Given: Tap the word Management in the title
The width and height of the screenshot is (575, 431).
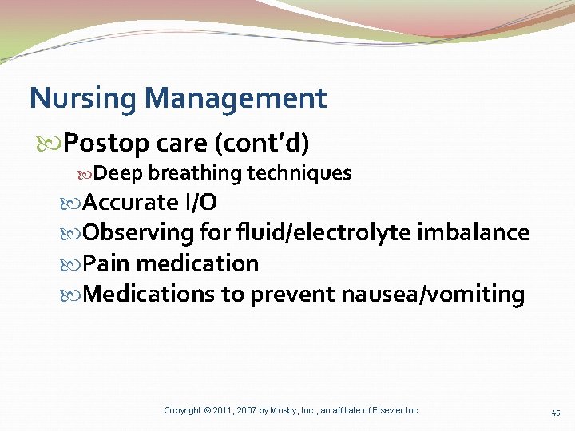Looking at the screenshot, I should tap(237, 99).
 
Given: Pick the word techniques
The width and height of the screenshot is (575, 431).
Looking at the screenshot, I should tap(299, 173).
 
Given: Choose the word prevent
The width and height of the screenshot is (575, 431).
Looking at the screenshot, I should tap(293, 295).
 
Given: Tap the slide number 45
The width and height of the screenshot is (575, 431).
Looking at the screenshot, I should tap(556, 413).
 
